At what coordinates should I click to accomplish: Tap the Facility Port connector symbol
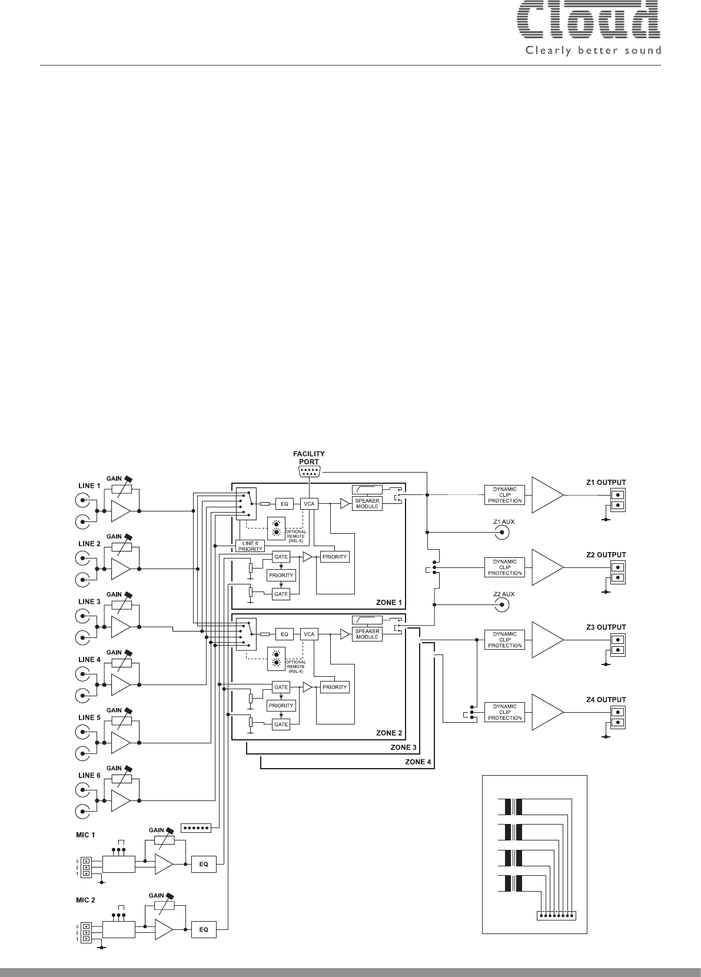(309, 471)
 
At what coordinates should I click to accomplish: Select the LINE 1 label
(89, 486)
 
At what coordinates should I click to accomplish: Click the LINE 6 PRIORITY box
(250, 546)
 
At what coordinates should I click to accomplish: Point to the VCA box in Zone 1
(309, 504)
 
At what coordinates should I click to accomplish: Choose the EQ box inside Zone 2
(284, 634)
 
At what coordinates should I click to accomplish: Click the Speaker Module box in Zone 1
(367, 503)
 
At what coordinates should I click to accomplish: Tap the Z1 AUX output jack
(503, 533)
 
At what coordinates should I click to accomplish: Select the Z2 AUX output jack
(503, 605)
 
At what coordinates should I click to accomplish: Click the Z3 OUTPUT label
(606, 627)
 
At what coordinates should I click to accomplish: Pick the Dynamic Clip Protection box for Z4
(504, 712)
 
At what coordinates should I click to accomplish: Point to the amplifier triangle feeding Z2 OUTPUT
(547, 567)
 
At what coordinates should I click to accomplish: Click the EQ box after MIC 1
(204, 864)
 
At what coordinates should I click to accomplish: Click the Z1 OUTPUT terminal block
(618, 500)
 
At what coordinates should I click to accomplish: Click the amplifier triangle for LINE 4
(121, 685)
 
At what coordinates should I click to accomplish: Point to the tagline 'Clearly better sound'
(593, 51)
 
